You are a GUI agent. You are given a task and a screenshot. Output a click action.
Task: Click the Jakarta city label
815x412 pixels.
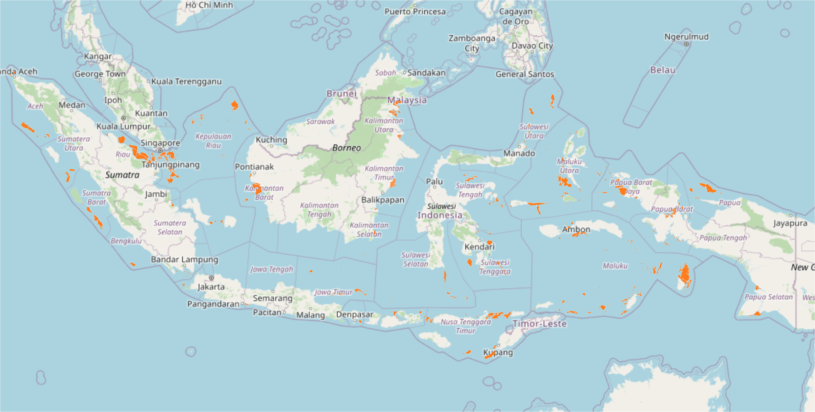[x=211, y=287]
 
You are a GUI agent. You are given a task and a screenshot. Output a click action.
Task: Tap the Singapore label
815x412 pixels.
[x=160, y=143]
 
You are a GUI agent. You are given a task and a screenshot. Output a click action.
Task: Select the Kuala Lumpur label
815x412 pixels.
[x=123, y=126]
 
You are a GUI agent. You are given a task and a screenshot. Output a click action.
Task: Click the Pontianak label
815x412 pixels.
[x=254, y=167]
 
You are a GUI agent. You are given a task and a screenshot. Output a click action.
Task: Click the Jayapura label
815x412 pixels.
[x=790, y=223]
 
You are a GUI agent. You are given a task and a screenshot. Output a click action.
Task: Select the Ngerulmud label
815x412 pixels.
[x=686, y=37]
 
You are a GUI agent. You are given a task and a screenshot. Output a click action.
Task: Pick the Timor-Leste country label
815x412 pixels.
[x=539, y=324]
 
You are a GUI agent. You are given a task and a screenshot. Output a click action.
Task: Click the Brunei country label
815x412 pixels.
[x=341, y=94]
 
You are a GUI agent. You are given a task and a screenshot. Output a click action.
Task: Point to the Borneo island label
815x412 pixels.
[x=346, y=148]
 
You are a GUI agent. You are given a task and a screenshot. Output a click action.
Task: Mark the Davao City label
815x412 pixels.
[x=532, y=46]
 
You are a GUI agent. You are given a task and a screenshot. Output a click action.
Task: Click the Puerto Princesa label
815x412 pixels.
[x=415, y=12]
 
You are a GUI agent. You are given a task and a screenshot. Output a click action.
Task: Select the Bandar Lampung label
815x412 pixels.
[x=184, y=260]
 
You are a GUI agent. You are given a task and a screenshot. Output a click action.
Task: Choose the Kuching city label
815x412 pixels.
[x=271, y=140]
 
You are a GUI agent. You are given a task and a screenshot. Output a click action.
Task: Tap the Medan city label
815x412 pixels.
[x=72, y=105]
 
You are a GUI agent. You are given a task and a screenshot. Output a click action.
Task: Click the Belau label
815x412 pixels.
[x=662, y=70]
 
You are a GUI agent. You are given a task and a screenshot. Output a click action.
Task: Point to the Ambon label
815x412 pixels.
[x=576, y=229]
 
